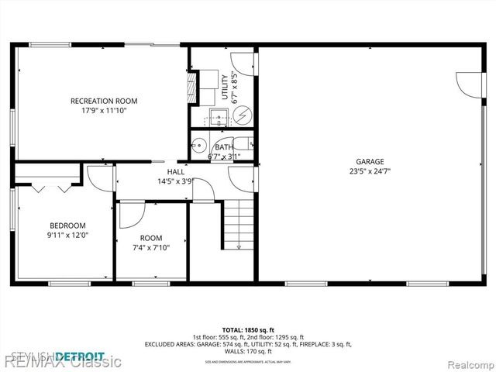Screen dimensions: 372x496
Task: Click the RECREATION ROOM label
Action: (104, 101)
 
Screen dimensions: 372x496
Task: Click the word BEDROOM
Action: (67, 226)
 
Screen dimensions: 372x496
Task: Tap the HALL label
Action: (175, 172)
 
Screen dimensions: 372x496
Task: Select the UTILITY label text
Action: (225, 87)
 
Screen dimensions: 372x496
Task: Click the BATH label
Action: (224, 147)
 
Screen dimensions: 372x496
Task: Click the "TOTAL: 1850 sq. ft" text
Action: (247, 329)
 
